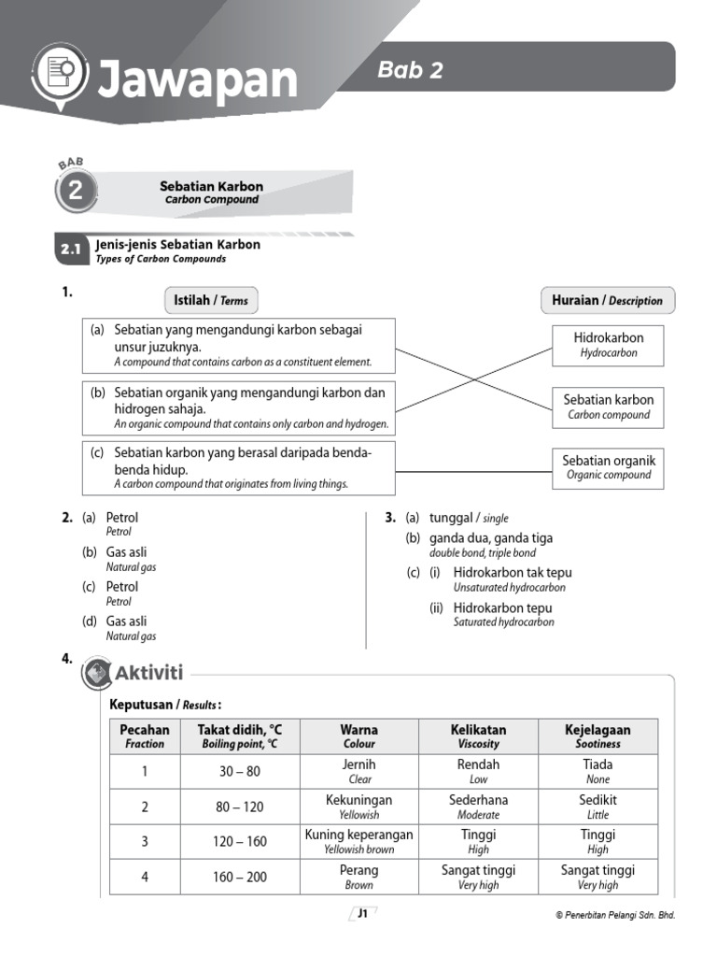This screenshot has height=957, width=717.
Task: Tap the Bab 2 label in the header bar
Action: (410, 70)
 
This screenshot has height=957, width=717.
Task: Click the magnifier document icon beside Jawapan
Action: (60, 71)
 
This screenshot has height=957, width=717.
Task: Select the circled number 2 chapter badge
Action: (75, 193)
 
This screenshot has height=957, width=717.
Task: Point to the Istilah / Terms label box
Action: (211, 300)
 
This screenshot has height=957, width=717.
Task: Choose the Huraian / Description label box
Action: (607, 300)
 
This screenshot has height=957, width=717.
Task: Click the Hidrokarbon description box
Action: (608, 344)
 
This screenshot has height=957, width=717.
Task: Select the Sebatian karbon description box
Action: (608, 407)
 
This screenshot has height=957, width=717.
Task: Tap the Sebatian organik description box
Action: (608, 467)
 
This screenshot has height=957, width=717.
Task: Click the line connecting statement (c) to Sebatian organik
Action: (473, 472)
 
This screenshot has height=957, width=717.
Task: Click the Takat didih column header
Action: (239, 736)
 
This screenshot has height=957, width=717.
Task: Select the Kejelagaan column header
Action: (597, 736)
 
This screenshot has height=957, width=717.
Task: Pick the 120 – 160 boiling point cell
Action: (239, 842)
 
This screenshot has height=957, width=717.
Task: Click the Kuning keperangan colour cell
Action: (358, 841)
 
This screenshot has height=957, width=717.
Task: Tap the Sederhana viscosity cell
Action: (478, 807)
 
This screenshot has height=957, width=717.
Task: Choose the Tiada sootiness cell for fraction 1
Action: (597, 771)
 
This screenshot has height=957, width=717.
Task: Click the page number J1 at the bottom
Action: (361, 915)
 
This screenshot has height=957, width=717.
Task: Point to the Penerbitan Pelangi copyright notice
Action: (614, 916)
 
